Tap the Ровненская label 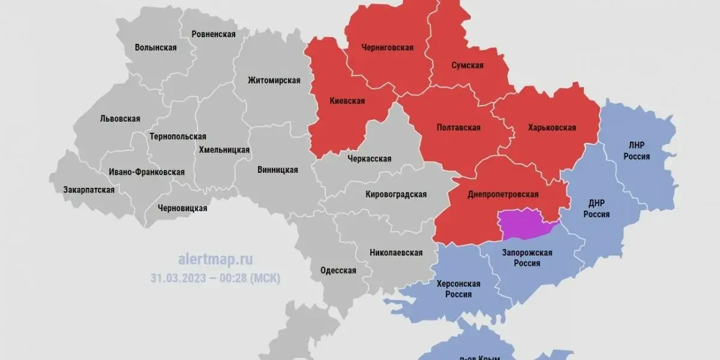[x=213, y=34]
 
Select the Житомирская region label [x=274, y=80]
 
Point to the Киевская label [x=347, y=101]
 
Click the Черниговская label [x=387, y=48]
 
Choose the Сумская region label [x=467, y=65]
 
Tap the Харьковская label [x=551, y=127]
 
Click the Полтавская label [x=458, y=127]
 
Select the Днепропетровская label [x=503, y=194]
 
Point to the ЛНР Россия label [x=637, y=151]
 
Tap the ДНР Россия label [x=596, y=209]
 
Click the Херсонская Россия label [x=458, y=289]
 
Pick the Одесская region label [x=338, y=270]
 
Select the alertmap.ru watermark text [x=215, y=259]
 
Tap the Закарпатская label [x=89, y=190]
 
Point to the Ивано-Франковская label [x=146, y=172]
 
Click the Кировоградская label [x=396, y=194]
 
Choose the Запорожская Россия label [x=526, y=258]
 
